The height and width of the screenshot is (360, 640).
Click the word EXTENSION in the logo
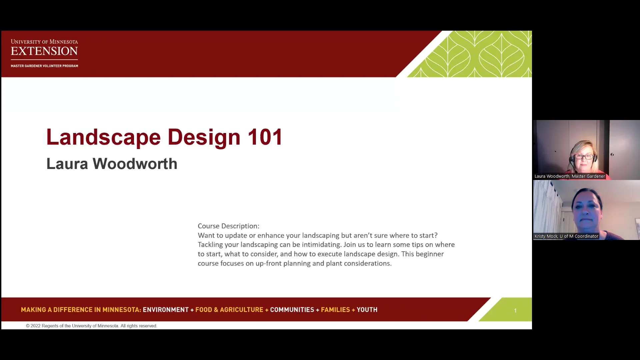click(44, 51)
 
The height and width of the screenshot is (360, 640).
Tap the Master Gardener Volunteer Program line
click(44, 66)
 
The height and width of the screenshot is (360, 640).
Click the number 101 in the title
click(265, 137)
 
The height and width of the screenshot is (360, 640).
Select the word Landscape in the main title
click(103, 137)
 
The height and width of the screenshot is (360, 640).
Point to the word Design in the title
click(204, 137)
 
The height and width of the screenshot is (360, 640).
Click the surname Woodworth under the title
click(135, 164)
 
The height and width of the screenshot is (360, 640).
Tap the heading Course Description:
click(228, 226)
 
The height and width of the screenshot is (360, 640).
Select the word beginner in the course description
click(430, 254)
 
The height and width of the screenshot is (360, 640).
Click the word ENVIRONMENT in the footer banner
click(166, 310)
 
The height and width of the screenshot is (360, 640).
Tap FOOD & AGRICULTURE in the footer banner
click(229, 310)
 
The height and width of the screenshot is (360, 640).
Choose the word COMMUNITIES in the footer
click(292, 310)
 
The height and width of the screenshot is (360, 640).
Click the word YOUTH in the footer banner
click(367, 310)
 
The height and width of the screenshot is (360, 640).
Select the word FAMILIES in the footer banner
click(335, 310)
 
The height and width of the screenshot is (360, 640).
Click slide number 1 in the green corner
click(515, 311)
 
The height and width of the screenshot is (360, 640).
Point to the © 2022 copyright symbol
click(28, 326)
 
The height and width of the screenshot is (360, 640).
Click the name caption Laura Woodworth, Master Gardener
click(569, 176)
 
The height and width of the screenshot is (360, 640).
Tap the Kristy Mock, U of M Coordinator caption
click(566, 236)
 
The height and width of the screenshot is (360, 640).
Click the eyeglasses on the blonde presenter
click(584, 157)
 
